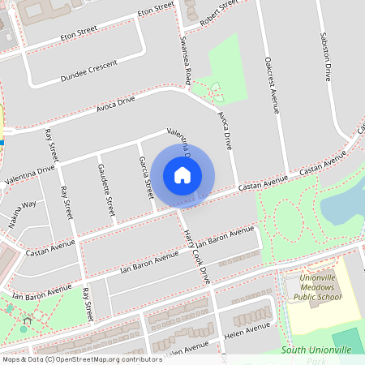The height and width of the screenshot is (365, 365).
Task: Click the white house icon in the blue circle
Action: pyautogui.click(x=182, y=174)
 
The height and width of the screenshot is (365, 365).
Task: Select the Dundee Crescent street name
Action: pyautogui.click(x=88, y=69)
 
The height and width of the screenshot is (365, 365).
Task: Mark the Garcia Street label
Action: pyautogui.click(x=146, y=178)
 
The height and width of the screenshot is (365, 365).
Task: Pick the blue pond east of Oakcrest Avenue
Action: pyautogui.click(x=345, y=203)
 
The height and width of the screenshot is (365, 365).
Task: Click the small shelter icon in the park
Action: pyautogui.click(x=27, y=321)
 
